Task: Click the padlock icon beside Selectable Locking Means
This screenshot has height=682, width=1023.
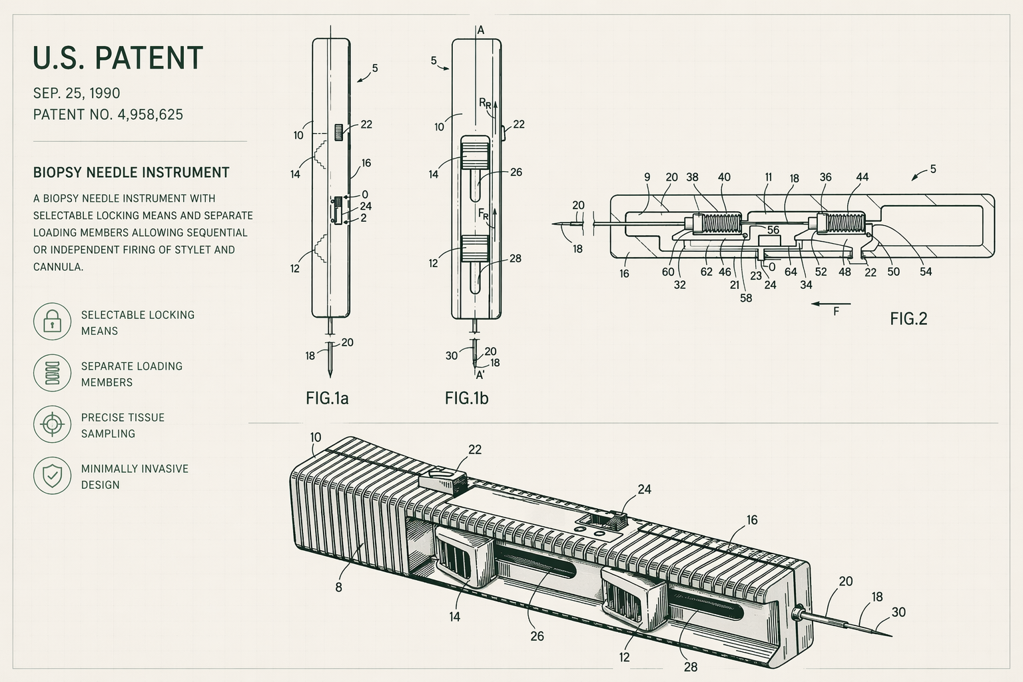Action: pyautogui.click(x=52, y=322)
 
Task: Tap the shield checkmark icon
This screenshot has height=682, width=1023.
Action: pyautogui.click(x=52, y=476)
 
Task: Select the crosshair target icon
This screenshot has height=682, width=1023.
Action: pyautogui.click(x=52, y=424)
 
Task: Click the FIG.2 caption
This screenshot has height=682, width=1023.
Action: pyautogui.click(x=908, y=319)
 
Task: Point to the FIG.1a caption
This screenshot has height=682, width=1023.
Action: pyautogui.click(x=327, y=398)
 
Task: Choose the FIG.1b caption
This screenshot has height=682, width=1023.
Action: pyautogui.click(x=466, y=398)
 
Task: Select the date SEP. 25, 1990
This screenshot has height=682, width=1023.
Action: pyautogui.click(x=77, y=93)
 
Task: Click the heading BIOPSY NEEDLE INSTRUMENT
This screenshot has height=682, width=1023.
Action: pyautogui.click(x=131, y=172)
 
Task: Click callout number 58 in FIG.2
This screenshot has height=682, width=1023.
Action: pyautogui.click(x=746, y=298)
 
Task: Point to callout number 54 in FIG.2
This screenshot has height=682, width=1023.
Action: pyautogui.click(x=926, y=272)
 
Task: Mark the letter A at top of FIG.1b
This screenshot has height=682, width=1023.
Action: pyautogui.click(x=480, y=30)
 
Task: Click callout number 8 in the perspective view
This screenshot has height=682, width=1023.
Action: pyautogui.click(x=338, y=587)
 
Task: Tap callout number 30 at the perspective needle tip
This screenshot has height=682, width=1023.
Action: pyautogui.click(x=898, y=612)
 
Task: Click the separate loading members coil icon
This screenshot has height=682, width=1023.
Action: pyautogui.click(x=52, y=373)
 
